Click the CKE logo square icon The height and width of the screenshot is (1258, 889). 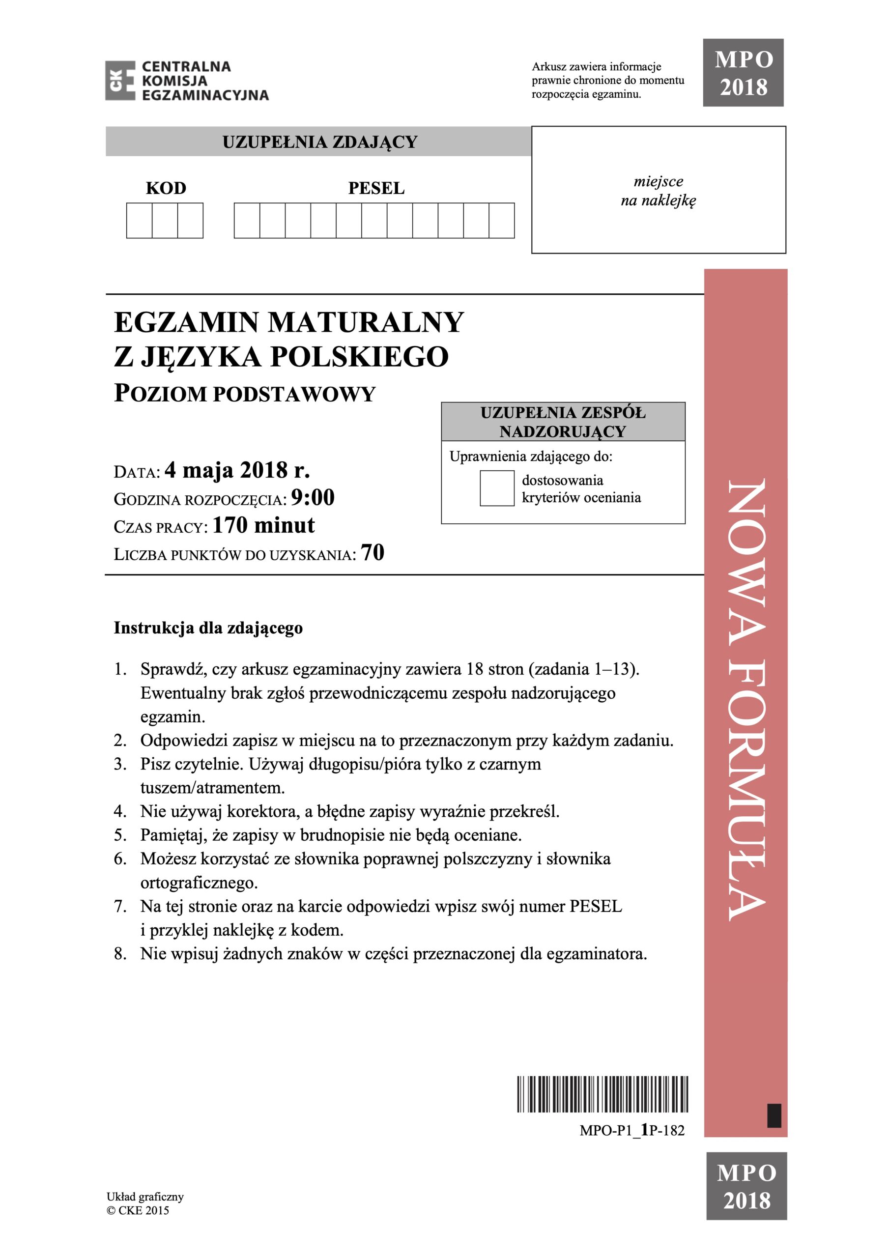click(120, 81)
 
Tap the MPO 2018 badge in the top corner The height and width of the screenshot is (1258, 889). click(743, 73)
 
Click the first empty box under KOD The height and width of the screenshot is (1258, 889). click(139, 220)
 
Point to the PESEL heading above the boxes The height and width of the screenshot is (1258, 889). click(376, 189)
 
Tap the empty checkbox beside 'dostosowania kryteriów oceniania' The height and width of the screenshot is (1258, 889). click(496, 488)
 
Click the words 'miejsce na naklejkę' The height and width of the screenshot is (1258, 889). click(658, 191)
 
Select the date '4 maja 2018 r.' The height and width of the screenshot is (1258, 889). click(237, 470)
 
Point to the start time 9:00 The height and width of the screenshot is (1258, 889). click(313, 497)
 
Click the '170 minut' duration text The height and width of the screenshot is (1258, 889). click(263, 525)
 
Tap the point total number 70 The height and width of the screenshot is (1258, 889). click(373, 553)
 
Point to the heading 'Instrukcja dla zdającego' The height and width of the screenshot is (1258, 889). click(208, 628)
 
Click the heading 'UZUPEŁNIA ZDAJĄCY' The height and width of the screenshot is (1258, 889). click(319, 143)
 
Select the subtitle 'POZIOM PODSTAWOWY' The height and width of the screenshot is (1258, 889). click(244, 394)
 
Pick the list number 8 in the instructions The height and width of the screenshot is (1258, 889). click(120, 954)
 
